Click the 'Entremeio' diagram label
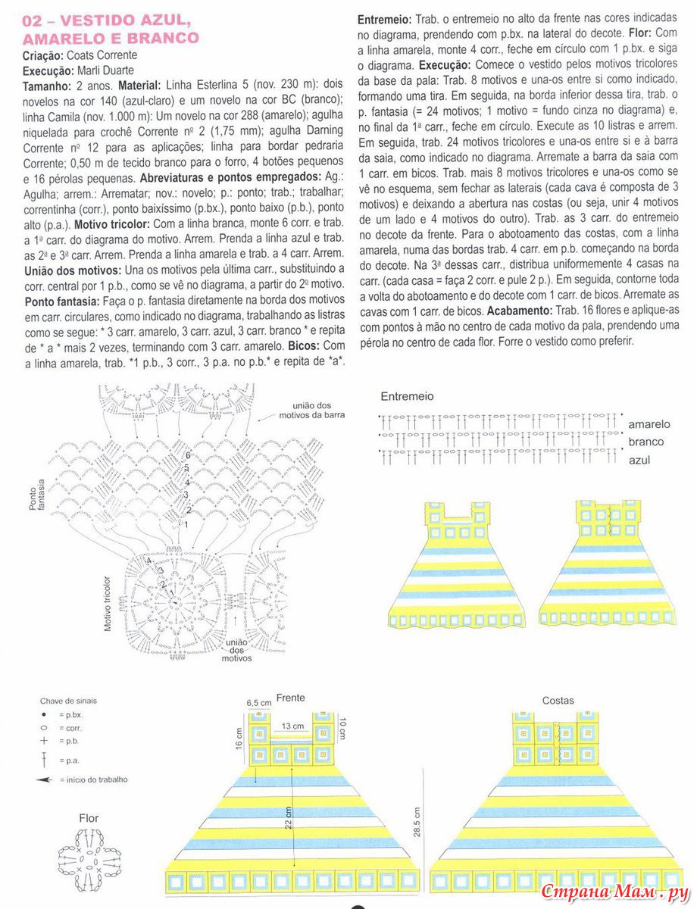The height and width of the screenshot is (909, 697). [x=407, y=396]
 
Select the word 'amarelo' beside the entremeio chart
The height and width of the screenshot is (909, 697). [x=649, y=424]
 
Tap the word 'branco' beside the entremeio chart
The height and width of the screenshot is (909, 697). [x=645, y=442]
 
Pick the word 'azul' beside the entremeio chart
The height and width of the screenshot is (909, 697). [x=639, y=459]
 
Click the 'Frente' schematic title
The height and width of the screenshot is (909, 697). [x=291, y=697]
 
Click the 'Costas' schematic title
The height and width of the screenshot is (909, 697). [x=558, y=701]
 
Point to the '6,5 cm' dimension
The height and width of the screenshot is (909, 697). [x=258, y=703]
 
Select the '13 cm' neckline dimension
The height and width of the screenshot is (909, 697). [x=291, y=726]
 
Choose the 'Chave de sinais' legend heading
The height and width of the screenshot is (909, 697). [x=69, y=701]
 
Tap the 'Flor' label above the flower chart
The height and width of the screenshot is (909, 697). [x=89, y=818]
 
